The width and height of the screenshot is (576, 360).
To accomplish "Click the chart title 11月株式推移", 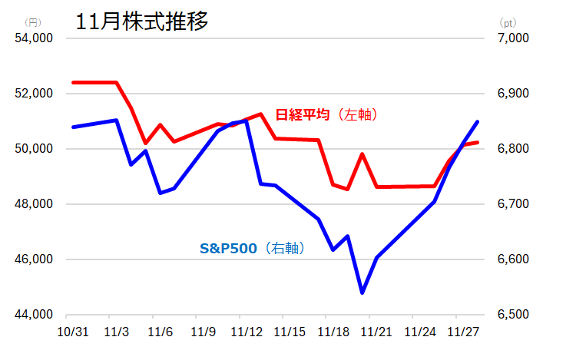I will (x=142, y=21).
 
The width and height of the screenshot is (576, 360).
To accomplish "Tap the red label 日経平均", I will (x=303, y=114).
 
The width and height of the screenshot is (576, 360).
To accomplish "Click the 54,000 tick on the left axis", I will (x=34, y=38).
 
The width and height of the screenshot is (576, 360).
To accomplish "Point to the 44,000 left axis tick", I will (x=34, y=315).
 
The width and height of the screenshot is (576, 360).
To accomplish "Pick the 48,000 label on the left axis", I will (x=34, y=204).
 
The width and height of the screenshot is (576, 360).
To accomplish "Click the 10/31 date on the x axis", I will (x=73, y=332).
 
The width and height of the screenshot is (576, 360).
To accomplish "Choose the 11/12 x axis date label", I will (x=247, y=332).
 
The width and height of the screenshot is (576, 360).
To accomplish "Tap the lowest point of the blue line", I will (x=362, y=292).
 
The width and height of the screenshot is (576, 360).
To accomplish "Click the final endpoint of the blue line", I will (x=478, y=121).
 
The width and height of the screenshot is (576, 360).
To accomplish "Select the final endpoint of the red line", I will (x=478, y=142).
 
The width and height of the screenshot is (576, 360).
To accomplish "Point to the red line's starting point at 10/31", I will (x=73, y=82).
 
